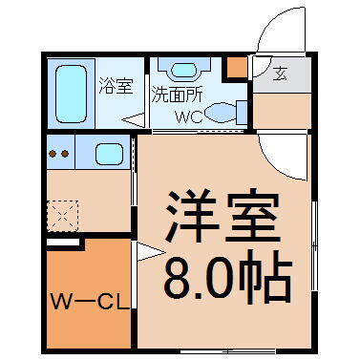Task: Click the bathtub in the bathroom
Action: [73, 91]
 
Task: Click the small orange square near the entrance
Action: [233, 68]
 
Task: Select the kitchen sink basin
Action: [108, 153]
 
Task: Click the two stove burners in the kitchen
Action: [60, 153]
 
